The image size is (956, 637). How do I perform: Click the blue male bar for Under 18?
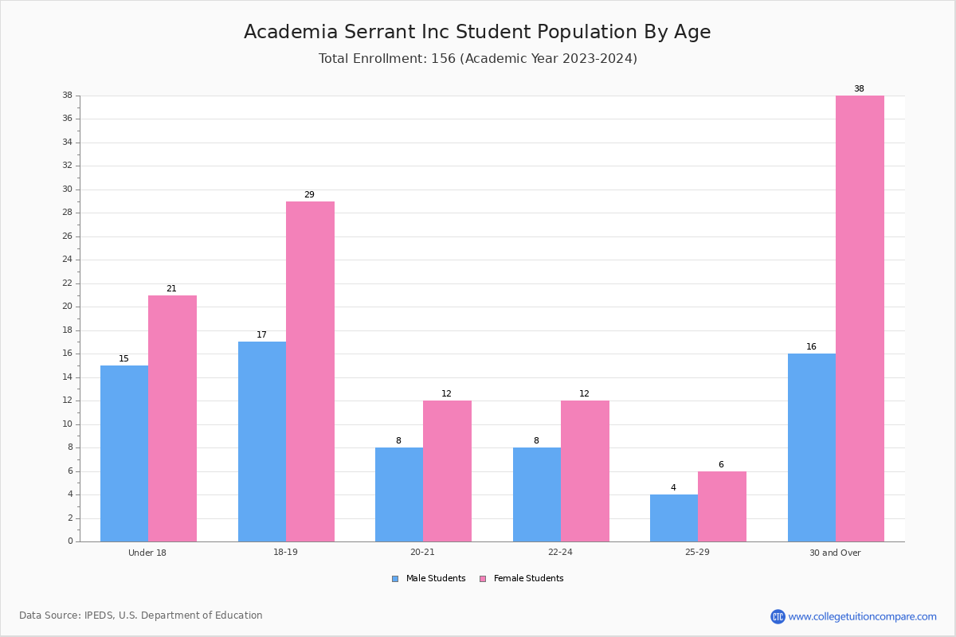pos(124,454)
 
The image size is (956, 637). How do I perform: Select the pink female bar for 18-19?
pos(310,372)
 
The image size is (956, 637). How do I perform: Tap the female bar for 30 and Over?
pos(860,318)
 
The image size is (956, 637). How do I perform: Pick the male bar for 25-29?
pos(674,518)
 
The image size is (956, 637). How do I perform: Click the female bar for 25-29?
pos(722,506)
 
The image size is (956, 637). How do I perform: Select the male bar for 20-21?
pos(399,494)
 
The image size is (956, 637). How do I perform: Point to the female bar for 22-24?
pos(585,471)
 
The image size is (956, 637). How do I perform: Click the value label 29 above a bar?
pos(309,194)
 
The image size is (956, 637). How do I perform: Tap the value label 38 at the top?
pos(859,88)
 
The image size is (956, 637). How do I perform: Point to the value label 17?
pos(261,334)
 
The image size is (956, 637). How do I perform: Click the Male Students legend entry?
pos(429,579)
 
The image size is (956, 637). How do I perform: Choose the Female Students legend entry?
pos(522,579)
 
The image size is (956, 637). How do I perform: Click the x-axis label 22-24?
pos(560,552)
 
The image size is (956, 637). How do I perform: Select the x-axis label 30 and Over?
pos(835,553)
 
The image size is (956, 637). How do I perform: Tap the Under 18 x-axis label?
pos(147,553)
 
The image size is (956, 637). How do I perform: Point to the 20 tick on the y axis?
pos(68,307)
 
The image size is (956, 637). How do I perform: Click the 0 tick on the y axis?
pos(70,541)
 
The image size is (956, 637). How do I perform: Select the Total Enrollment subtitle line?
pos(478,58)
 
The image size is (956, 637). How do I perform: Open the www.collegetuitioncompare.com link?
pos(862,616)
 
